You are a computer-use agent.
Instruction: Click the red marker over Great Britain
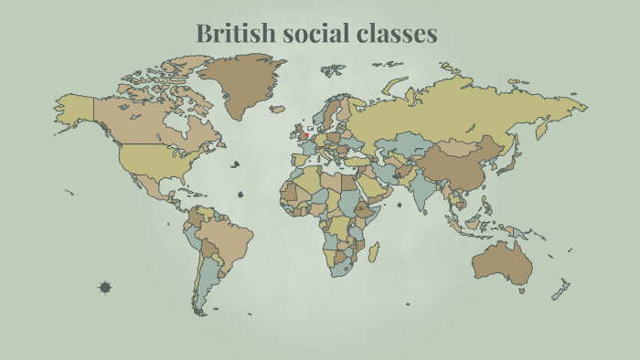click(305, 135)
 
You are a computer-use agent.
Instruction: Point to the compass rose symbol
click(105, 287)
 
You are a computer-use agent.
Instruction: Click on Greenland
click(241, 87)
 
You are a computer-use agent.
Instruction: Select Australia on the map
click(504, 262)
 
